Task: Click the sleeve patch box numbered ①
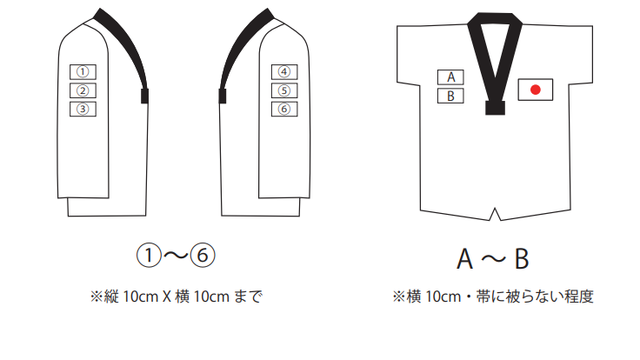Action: coord(83,71)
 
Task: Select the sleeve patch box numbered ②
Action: coord(83,90)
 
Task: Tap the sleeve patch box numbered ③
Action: coord(83,109)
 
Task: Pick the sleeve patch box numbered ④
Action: coord(283,71)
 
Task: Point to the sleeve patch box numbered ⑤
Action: coord(283,90)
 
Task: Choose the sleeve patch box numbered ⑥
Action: coord(283,109)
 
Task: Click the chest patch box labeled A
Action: coord(450,77)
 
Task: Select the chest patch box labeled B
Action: coord(450,96)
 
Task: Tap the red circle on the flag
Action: coord(536,89)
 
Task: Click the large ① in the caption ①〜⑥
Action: coord(150,257)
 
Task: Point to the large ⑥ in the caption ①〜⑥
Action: coord(202,257)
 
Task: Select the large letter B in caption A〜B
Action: coord(520,259)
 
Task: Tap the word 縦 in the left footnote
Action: coord(110,297)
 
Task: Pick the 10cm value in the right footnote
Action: coord(440,297)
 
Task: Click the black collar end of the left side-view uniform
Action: coord(144,95)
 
